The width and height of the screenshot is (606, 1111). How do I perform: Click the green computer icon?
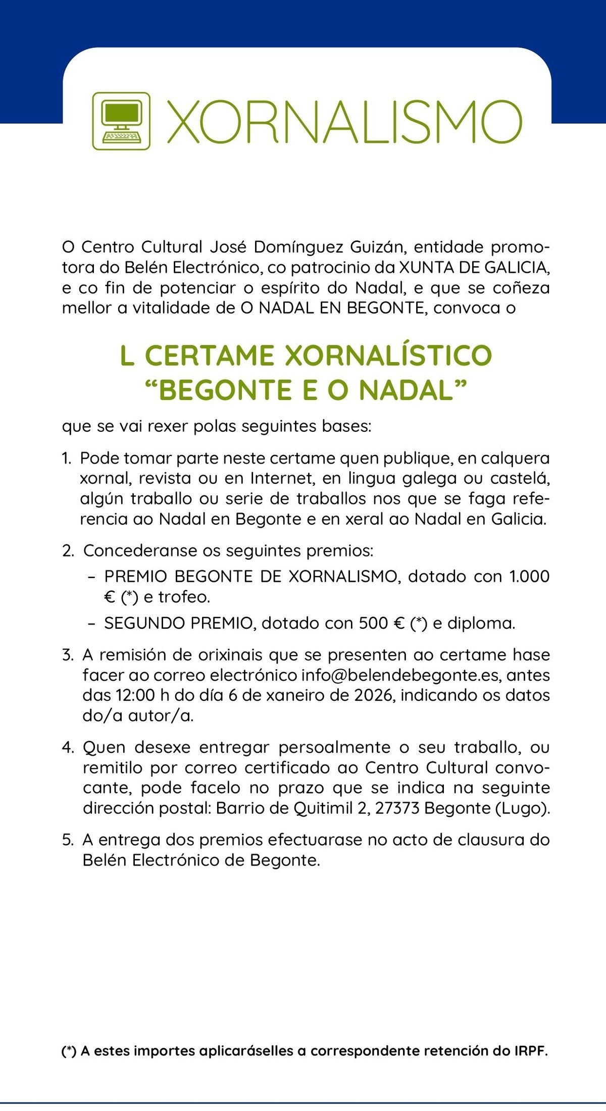pyautogui.click(x=121, y=121)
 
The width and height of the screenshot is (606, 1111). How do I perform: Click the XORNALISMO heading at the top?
pyautogui.click(x=343, y=122)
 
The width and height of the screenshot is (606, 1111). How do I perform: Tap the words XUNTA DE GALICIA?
pyautogui.click(x=474, y=267)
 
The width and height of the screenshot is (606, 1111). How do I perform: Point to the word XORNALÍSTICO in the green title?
pyautogui.click(x=388, y=356)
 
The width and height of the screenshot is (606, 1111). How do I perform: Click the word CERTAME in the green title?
pyautogui.click(x=209, y=356)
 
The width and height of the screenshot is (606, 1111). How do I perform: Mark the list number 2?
pyautogui.click(x=68, y=550)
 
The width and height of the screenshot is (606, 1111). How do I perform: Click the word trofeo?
pyautogui.click(x=184, y=597)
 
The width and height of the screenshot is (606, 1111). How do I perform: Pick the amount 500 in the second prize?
pyautogui.click(x=373, y=623)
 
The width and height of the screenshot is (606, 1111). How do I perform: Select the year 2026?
pyautogui.click(x=373, y=695)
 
